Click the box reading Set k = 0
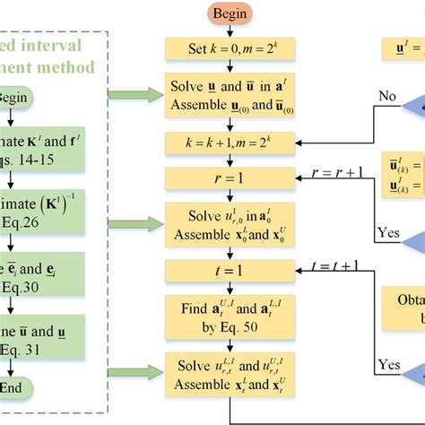tap(230, 48)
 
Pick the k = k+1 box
tap(230, 143)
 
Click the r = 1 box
tap(230, 179)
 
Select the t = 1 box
tap(230, 270)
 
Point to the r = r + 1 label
tap(337, 171)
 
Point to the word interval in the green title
tap(59, 45)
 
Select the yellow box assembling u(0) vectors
tap(230, 96)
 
